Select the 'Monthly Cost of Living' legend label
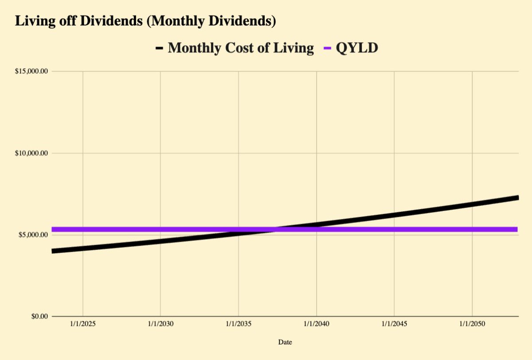241,47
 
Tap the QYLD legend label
357,47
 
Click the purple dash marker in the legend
328,48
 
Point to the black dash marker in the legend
159,48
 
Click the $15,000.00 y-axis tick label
31,71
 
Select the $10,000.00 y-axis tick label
31,153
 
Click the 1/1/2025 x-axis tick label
82,325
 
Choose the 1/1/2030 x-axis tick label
160,325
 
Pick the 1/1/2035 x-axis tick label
239,325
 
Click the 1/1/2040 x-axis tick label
317,325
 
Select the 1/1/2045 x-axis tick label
394,325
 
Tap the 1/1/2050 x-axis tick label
472,325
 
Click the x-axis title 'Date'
285,342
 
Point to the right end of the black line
517,198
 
